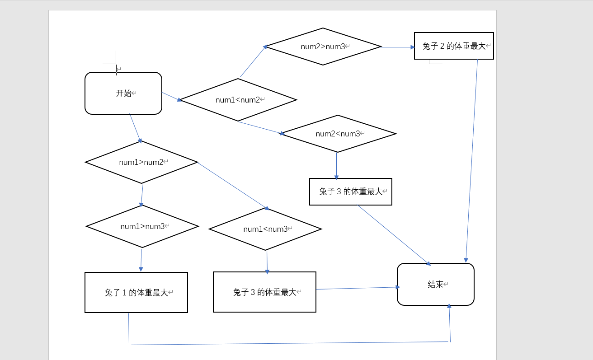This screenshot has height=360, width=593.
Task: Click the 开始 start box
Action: tap(123, 94)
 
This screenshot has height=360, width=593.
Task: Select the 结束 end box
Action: tap(435, 284)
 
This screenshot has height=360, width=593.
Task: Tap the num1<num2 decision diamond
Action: tap(238, 100)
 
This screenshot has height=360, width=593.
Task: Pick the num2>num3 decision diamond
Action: tap(323, 47)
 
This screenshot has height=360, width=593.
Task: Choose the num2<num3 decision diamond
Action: tap(338, 134)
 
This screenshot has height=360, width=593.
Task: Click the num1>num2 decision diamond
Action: tap(141, 162)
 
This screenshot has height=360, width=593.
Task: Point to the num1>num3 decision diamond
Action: tap(142, 226)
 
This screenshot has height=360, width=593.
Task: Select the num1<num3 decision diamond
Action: tap(265, 229)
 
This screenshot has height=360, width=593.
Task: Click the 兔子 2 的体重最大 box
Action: tap(454, 46)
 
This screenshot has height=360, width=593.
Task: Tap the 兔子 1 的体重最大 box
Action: tap(136, 292)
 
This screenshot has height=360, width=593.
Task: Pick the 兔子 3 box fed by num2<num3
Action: tap(350, 192)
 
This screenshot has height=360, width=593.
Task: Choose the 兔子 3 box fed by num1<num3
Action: tap(264, 292)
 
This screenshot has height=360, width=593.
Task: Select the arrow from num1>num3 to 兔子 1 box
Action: tap(141, 260)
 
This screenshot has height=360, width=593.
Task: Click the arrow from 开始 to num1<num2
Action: tap(171, 96)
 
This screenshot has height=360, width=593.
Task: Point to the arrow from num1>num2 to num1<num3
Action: tap(233, 186)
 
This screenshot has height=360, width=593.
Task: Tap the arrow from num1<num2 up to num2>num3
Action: tap(253, 61)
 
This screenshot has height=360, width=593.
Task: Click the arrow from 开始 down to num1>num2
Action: tap(135, 127)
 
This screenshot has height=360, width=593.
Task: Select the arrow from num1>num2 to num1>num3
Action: tap(142, 195)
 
